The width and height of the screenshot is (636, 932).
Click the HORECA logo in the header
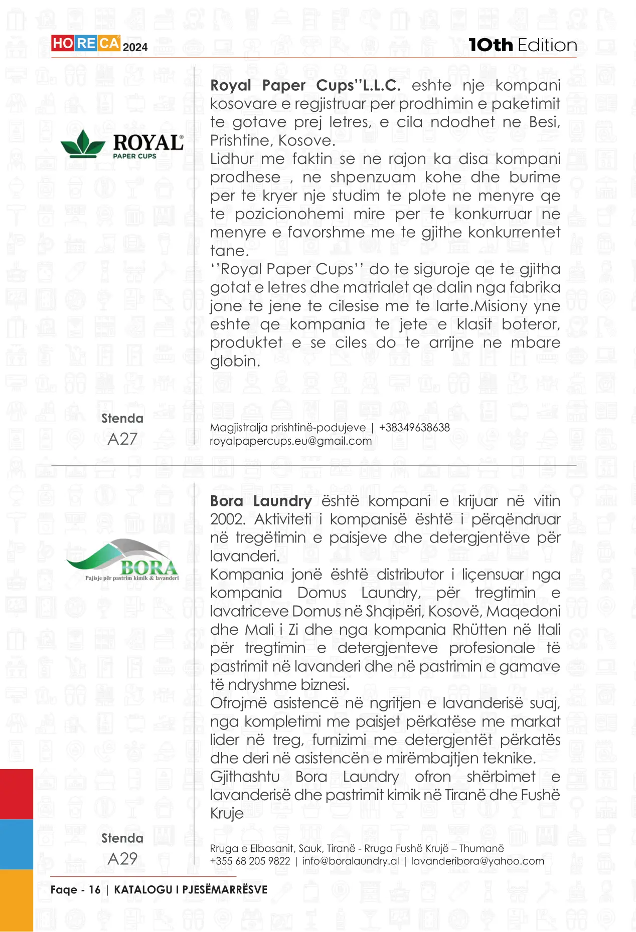coord(85,44)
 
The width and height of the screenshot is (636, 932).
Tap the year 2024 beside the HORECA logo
coord(135,47)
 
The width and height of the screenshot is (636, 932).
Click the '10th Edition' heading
coord(523,45)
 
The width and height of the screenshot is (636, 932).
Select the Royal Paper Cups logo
coord(122,144)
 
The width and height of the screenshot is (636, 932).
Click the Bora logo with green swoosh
coord(122,561)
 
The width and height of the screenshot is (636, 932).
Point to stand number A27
coord(122,439)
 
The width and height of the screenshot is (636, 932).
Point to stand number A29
coord(122,859)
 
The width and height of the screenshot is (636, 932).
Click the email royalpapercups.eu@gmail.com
coord(291,441)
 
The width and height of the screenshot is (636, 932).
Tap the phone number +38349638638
coord(414,428)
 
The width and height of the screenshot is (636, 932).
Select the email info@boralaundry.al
coord(351,861)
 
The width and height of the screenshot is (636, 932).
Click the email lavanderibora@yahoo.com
coord(478,861)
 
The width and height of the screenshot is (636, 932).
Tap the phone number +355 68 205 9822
coord(250,861)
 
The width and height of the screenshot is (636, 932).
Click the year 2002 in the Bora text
coord(227,519)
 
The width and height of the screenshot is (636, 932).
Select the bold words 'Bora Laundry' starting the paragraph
coord(261,501)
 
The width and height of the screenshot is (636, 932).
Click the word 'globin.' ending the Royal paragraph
coord(235,361)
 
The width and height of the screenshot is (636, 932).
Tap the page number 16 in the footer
coord(94,890)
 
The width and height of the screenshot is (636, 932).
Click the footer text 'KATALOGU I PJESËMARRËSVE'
coord(191,890)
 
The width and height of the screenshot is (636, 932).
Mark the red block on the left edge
coord(17,794)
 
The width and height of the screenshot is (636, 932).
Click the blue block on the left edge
coord(17,844)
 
